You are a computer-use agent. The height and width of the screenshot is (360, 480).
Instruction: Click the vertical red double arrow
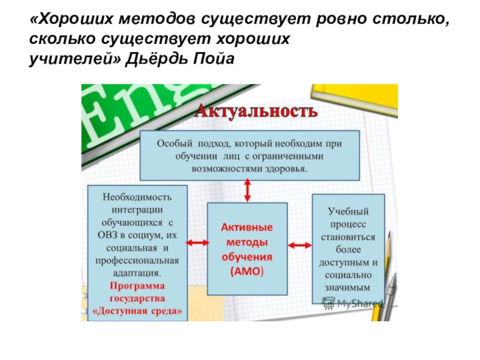coord(247,191)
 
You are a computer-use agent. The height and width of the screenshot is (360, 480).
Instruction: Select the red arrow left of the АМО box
coord(196,243)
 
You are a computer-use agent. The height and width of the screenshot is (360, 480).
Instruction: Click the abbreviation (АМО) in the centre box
coord(247,271)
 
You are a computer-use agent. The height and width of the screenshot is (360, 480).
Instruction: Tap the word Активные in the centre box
coord(247,228)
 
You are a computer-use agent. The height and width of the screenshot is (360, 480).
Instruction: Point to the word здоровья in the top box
coord(284,169)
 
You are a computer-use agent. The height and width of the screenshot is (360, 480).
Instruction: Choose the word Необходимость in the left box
coord(137,197)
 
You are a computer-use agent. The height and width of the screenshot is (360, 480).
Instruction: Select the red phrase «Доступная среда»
coord(137,312)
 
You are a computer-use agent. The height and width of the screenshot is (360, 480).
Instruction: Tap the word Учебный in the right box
coord(349,211)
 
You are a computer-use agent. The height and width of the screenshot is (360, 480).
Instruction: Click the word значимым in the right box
coord(349,288)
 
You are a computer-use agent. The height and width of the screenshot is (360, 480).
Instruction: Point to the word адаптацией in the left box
coord(137,274)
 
